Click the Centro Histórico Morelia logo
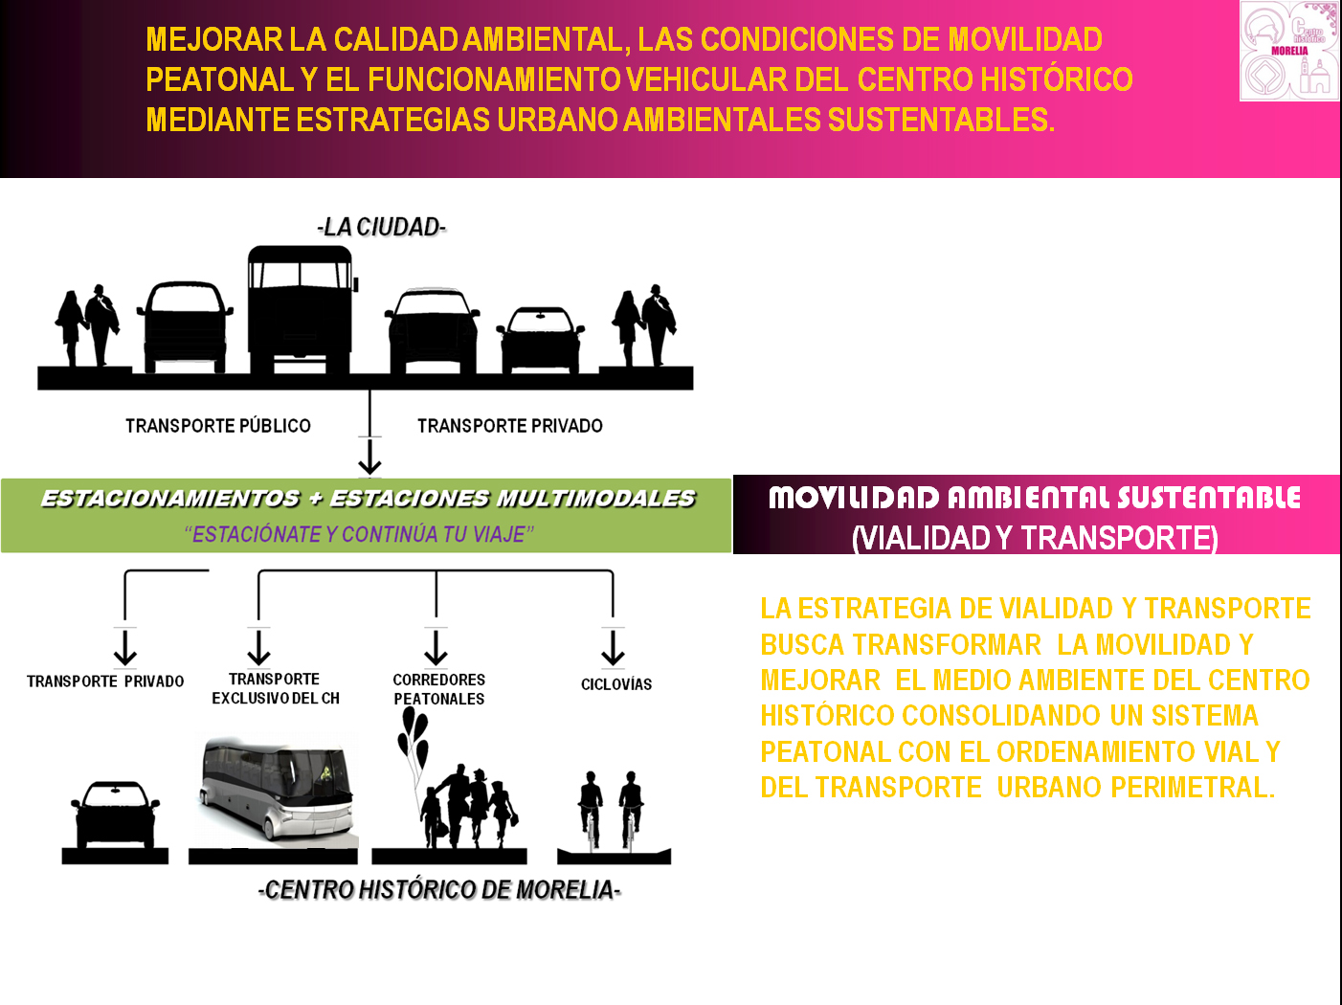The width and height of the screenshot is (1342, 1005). [1288, 51]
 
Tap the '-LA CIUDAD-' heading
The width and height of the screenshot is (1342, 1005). [382, 227]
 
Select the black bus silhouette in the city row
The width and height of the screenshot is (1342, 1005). [302, 309]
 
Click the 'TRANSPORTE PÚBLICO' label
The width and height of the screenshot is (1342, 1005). [218, 426]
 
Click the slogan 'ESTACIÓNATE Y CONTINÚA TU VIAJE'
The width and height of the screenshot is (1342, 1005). [359, 534]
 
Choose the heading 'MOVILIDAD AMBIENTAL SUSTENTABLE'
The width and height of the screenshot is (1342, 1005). [1035, 498]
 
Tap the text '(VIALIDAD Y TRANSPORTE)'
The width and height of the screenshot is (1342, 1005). [1035, 538]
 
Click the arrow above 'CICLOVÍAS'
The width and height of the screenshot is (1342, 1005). [613, 647]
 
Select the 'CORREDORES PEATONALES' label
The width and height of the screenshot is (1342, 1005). [439, 689]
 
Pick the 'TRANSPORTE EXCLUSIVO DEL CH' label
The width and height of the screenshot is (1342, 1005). [275, 688]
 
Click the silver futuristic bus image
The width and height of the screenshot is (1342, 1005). [277, 790]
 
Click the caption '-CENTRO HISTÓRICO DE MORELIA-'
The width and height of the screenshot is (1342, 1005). [439, 890]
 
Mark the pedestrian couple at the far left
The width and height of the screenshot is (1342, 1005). [87, 324]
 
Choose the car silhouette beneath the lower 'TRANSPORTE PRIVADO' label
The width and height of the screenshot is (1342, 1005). [116, 814]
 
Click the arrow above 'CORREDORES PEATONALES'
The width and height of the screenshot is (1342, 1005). [436, 647]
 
